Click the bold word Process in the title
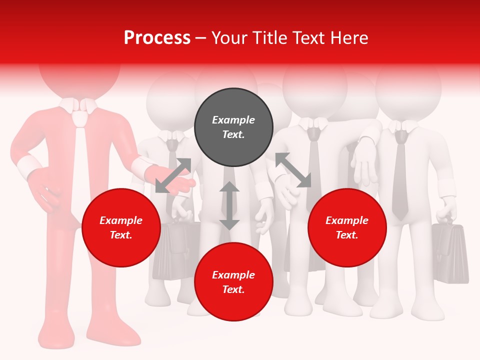157,38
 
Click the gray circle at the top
233,127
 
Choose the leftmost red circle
121,227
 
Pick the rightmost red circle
347,227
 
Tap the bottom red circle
233,282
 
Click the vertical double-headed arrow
229,205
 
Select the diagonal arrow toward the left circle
173,175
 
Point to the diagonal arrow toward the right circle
293,170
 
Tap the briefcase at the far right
450,252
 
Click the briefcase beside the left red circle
172,250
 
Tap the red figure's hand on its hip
42,190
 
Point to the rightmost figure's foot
430,313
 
